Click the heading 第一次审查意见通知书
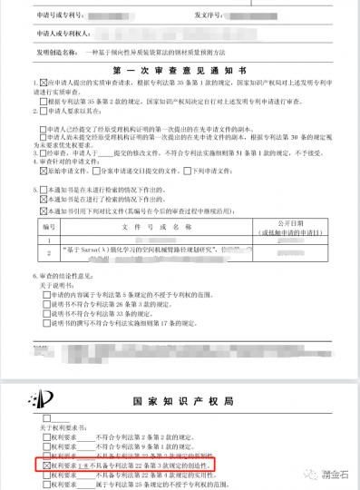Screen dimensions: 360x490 pos(180,68)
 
